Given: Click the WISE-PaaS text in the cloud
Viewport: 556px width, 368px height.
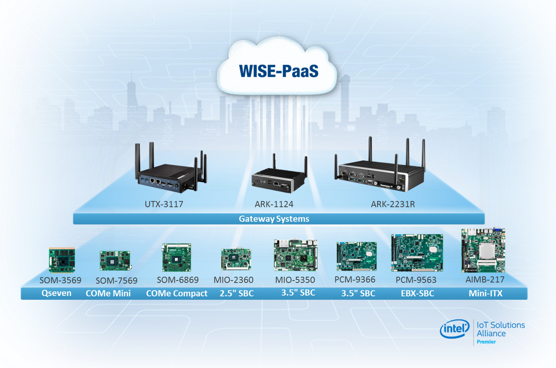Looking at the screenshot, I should (279, 71).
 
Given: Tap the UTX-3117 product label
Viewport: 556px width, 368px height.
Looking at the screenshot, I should (164, 204).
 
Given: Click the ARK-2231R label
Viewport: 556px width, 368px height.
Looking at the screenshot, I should (393, 204).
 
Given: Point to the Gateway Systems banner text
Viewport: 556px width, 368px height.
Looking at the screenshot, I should (274, 219).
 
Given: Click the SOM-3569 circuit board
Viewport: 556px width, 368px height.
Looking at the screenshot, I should (62, 260).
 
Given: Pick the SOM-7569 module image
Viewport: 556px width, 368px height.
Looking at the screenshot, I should (115, 261).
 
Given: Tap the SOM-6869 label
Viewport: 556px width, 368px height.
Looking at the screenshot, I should (178, 280).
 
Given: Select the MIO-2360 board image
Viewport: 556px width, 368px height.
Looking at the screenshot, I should (236, 259).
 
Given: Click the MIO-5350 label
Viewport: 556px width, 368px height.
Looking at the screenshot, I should (295, 280).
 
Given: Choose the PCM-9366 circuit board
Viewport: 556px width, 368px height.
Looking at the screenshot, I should (356, 256).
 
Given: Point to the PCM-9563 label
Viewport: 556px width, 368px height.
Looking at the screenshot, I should (416, 280).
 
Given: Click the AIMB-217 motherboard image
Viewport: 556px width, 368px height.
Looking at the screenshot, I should (483, 250).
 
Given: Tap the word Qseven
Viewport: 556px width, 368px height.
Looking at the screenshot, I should (57, 293).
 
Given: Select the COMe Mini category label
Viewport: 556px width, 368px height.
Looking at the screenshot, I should (108, 293).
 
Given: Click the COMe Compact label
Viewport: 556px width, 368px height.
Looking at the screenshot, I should (177, 293).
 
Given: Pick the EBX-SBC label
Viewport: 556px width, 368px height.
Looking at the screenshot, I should (417, 293).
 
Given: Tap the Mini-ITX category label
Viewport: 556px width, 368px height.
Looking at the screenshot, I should (485, 293).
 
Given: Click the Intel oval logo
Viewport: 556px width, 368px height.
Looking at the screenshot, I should (455, 329).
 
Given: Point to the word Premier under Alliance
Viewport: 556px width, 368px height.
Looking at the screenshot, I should (486, 342).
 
